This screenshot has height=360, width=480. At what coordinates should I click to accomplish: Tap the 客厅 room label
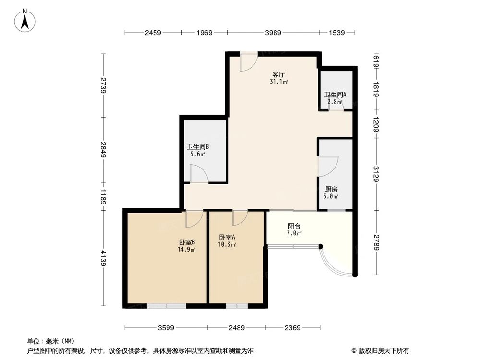pos(279,74)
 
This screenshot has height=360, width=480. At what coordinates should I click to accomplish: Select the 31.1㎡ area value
pos(279,82)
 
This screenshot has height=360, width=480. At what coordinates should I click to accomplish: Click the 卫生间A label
pos(335,95)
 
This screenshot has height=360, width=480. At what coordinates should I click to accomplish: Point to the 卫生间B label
pos(198,147)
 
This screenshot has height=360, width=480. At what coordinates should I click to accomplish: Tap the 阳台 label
pos(295,226)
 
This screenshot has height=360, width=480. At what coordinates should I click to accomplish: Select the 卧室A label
pos(227,237)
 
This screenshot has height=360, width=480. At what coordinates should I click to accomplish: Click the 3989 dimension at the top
pos(273,33)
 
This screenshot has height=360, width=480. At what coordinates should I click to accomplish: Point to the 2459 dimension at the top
pos(153,33)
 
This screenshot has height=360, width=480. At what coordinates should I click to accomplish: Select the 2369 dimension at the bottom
pos(292,328)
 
